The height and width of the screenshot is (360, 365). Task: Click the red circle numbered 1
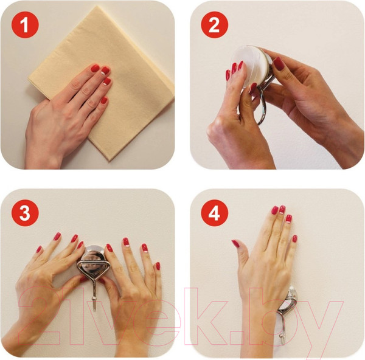coord(25,25)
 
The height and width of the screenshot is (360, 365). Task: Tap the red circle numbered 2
coord(214,25)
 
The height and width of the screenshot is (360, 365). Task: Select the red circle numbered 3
coord(25,213)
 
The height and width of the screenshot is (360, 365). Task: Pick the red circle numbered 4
coord(214,213)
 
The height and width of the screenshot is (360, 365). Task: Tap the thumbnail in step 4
coord(235,243)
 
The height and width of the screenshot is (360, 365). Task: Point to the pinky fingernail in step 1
coord(104,100)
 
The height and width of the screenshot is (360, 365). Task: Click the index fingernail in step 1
coord(95,69)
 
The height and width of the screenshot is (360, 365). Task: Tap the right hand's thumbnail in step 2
coord(279,63)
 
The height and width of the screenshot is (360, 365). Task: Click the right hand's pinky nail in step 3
coord(158,266)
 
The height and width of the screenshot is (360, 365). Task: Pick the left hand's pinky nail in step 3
coord(39,249)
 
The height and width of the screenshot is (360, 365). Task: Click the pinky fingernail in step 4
coord(294,238)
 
